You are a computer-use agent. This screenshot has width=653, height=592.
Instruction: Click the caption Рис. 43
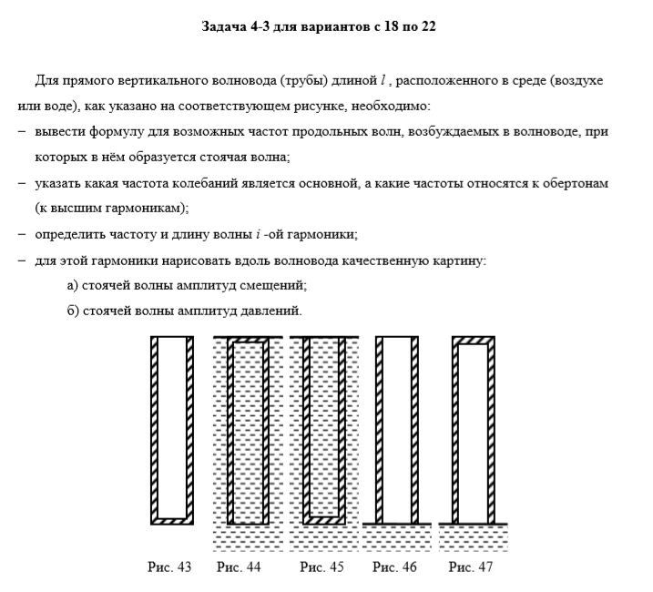[x=169, y=567]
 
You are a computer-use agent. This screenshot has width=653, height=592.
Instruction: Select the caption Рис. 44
[x=239, y=567]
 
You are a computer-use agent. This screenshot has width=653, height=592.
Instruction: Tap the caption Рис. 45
[x=322, y=567]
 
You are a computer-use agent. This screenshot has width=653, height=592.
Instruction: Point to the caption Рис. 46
[x=395, y=567]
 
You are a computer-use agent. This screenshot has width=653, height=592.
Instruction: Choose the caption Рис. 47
[x=471, y=567]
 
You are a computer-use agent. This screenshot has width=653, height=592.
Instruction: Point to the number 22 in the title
[x=426, y=27]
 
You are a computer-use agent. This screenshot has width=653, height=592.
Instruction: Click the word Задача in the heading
[x=223, y=27]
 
